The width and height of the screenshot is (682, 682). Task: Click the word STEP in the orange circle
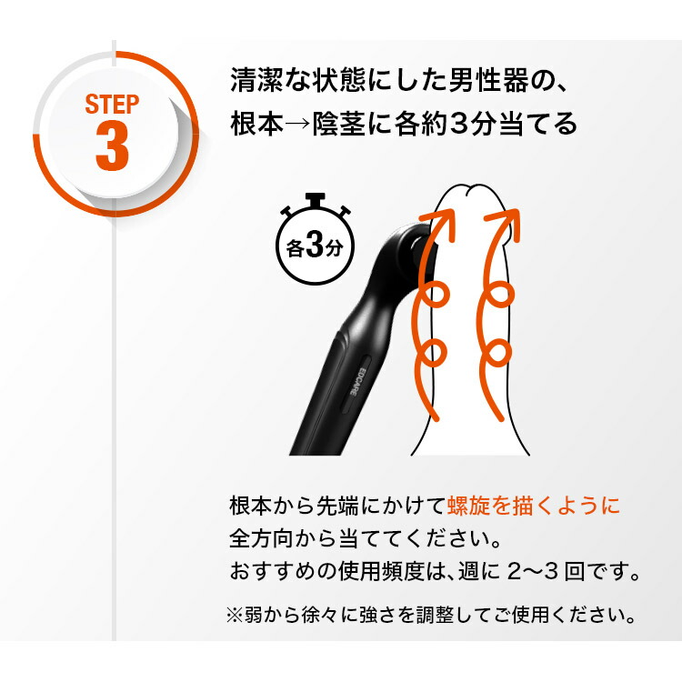(x=113, y=103)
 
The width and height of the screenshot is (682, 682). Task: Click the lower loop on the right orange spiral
(x=499, y=352)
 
